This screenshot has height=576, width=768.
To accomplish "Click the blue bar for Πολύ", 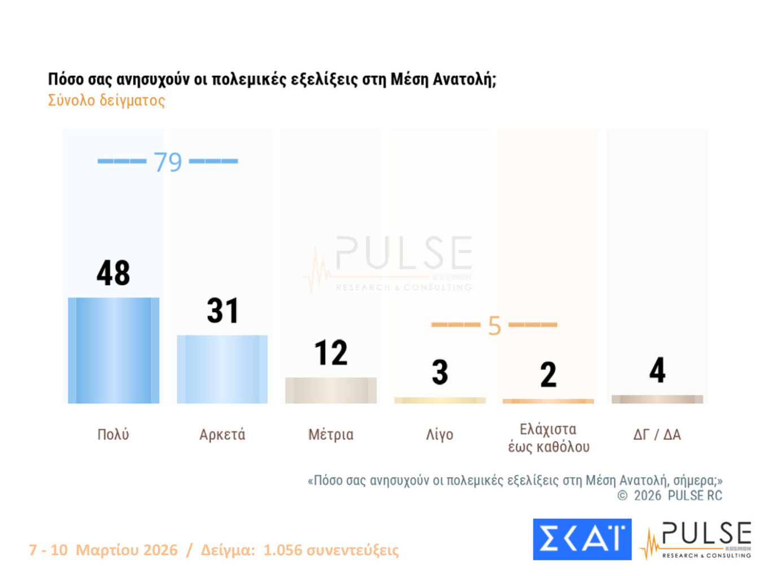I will click(114, 350).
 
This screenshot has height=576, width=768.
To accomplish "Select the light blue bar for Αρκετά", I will click(222, 369).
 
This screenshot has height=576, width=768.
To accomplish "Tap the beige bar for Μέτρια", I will click(331, 390).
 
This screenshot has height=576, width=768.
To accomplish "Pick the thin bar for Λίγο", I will click(440, 400).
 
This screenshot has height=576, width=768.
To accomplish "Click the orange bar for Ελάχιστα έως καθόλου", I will click(548, 401).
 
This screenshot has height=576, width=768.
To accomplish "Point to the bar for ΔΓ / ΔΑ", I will click(657, 399).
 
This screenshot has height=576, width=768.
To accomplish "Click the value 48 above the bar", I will click(114, 273).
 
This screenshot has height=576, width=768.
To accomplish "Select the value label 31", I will click(222, 311).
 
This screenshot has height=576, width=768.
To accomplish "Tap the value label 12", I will click(331, 353).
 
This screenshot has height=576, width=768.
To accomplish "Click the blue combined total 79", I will click(168, 162).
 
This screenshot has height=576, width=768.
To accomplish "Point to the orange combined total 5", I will click(494, 326).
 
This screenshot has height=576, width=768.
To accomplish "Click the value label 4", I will click(657, 370).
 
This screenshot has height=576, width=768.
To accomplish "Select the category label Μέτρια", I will click(331, 434).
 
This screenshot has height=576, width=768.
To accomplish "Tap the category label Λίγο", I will click(440, 434).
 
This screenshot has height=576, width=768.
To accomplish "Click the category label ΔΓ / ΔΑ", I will click(657, 434).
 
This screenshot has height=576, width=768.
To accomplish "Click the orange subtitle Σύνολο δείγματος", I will click(106, 101).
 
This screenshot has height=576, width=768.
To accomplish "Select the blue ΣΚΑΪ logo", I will click(582, 539).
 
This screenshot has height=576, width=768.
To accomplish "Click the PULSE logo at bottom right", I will click(697, 540).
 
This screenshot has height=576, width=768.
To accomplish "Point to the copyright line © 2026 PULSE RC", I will click(670, 496).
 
